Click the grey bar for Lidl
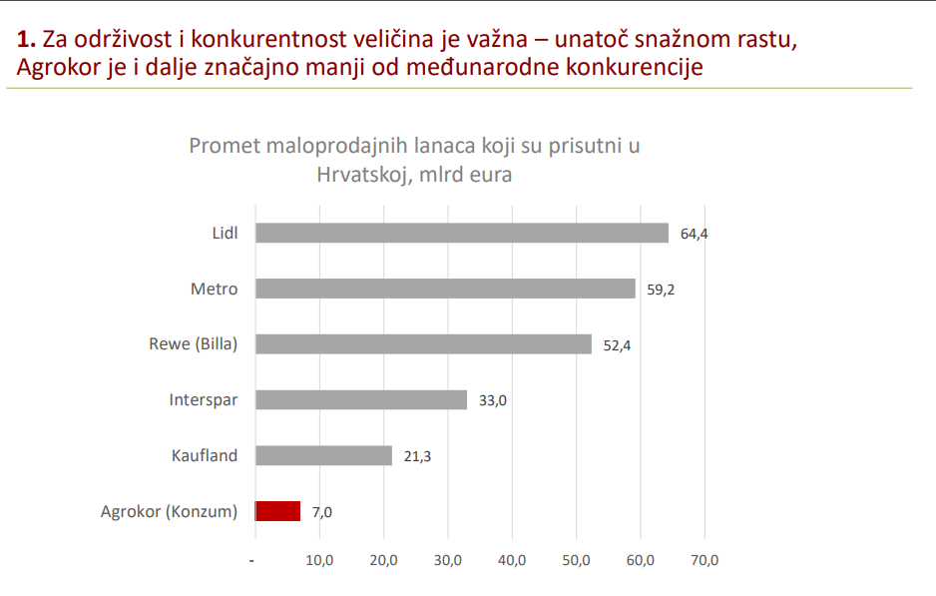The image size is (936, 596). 461,233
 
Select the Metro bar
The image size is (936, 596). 445,289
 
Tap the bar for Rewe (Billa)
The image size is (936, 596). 423,343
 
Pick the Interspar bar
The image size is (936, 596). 361,399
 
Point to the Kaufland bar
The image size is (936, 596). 323,455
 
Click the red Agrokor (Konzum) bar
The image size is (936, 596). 277,511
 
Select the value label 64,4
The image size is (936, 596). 694,234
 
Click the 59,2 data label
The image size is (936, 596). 661,290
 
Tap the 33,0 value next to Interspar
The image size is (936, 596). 492,400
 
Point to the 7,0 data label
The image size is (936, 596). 321,512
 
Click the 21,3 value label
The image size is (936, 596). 417,456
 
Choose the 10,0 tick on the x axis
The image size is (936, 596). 319,560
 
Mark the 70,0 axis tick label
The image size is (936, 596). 704,560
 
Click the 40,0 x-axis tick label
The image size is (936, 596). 512,560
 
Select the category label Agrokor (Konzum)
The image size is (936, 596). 170,511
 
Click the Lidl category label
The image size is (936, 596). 225,234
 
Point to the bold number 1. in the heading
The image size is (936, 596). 27,41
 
